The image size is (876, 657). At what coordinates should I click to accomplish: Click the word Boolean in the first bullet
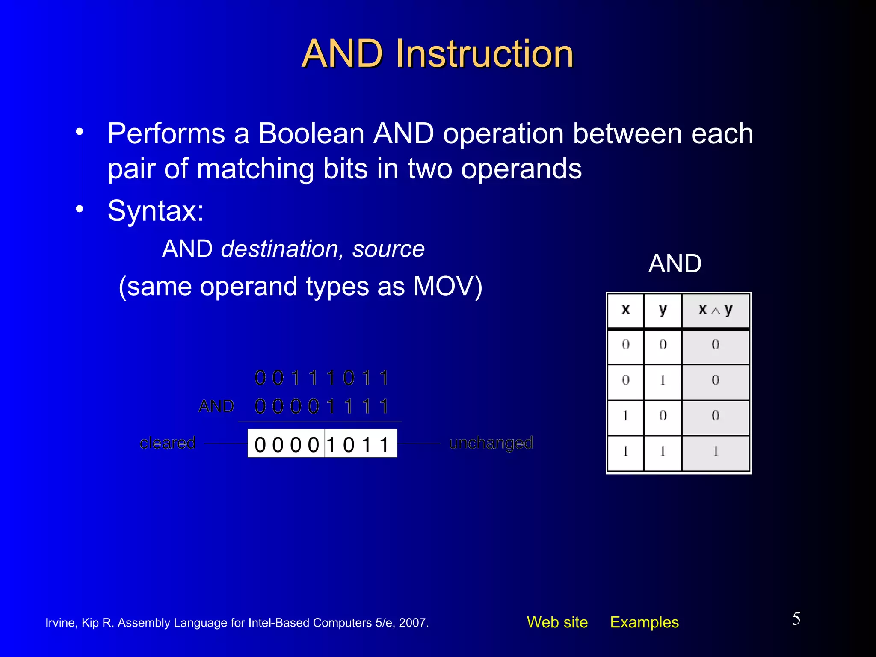pyautogui.click(x=311, y=134)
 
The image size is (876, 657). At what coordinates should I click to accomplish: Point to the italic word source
pyautogui.click(x=388, y=249)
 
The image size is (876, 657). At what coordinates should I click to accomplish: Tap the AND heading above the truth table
pyautogui.click(x=675, y=263)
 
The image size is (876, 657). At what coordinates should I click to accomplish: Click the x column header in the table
pyautogui.click(x=625, y=310)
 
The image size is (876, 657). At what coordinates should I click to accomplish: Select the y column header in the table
pyautogui.click(x=663, y=310)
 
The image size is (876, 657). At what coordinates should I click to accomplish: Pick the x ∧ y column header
pyautogui.click(x=715, y=310)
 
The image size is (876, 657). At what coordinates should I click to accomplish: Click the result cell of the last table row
pyautogui.click(x=715, y=452)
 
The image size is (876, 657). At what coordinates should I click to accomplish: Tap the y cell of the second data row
pyautogui.click(x=663, y=380)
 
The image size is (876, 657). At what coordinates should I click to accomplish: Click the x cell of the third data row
pyautogui.click(x=625, y=416)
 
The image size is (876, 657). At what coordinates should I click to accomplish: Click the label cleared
pyautogui.click(x=168, y=443)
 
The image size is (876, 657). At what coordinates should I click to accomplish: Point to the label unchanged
pyautogui.click(x=491, y=443)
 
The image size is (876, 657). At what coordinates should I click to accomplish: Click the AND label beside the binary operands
pyautogui.click(x=216, y=406)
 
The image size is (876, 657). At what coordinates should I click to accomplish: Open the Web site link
pyautogui.click(x=557, y=622)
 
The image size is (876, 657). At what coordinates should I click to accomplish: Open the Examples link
pyautogui.click(x=644, y=622)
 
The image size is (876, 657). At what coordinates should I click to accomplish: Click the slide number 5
pyautogui.click(x=796, y=619)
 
